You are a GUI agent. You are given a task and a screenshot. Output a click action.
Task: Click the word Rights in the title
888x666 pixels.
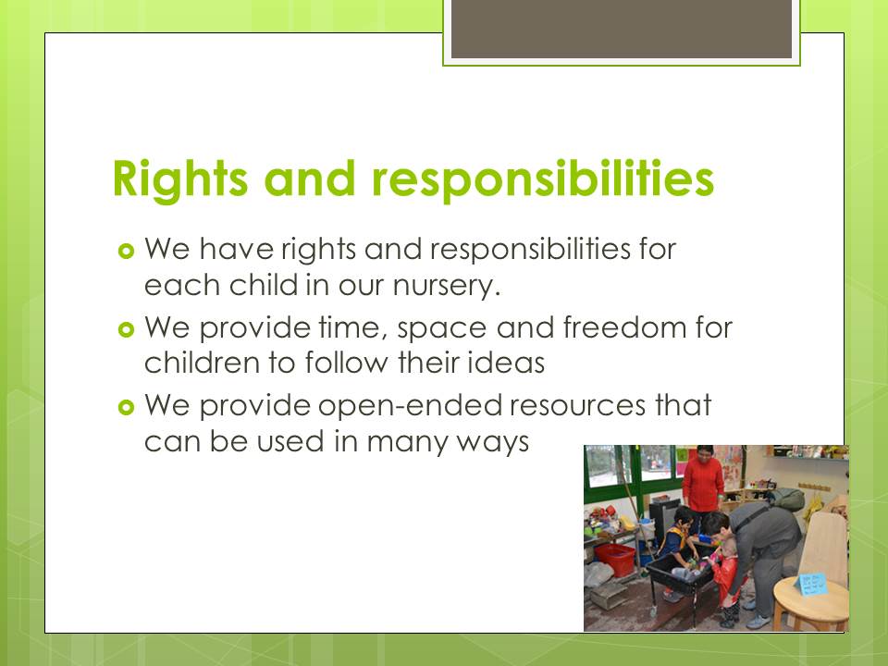tap(180, 179)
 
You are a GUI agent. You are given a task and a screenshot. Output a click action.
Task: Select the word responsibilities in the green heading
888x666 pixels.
tap(543, 179)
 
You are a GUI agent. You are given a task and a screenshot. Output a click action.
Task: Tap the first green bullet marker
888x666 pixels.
tap(126, 251)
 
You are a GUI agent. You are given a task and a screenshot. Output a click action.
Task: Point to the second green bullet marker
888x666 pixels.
tap(126, 329)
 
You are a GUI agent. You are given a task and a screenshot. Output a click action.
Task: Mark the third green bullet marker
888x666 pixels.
tap(126, 407)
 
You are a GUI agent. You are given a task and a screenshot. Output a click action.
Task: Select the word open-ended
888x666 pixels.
tap(411, 407)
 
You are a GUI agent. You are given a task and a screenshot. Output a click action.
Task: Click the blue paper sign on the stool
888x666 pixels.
tap(811, 584)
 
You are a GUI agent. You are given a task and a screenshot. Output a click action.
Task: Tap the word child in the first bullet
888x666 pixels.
tap(264, 284)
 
